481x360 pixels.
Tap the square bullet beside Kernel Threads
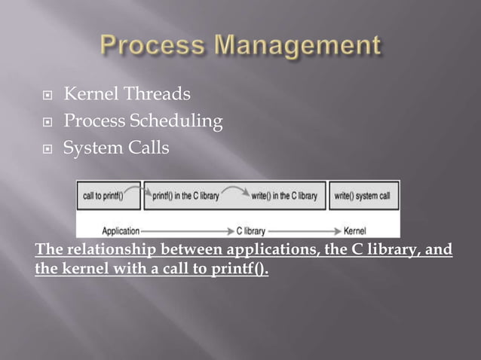pos(46,96)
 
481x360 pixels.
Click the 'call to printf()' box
pos(109,195)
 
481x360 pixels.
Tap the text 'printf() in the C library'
pos(186,196)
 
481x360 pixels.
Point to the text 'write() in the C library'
pos(284,196)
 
